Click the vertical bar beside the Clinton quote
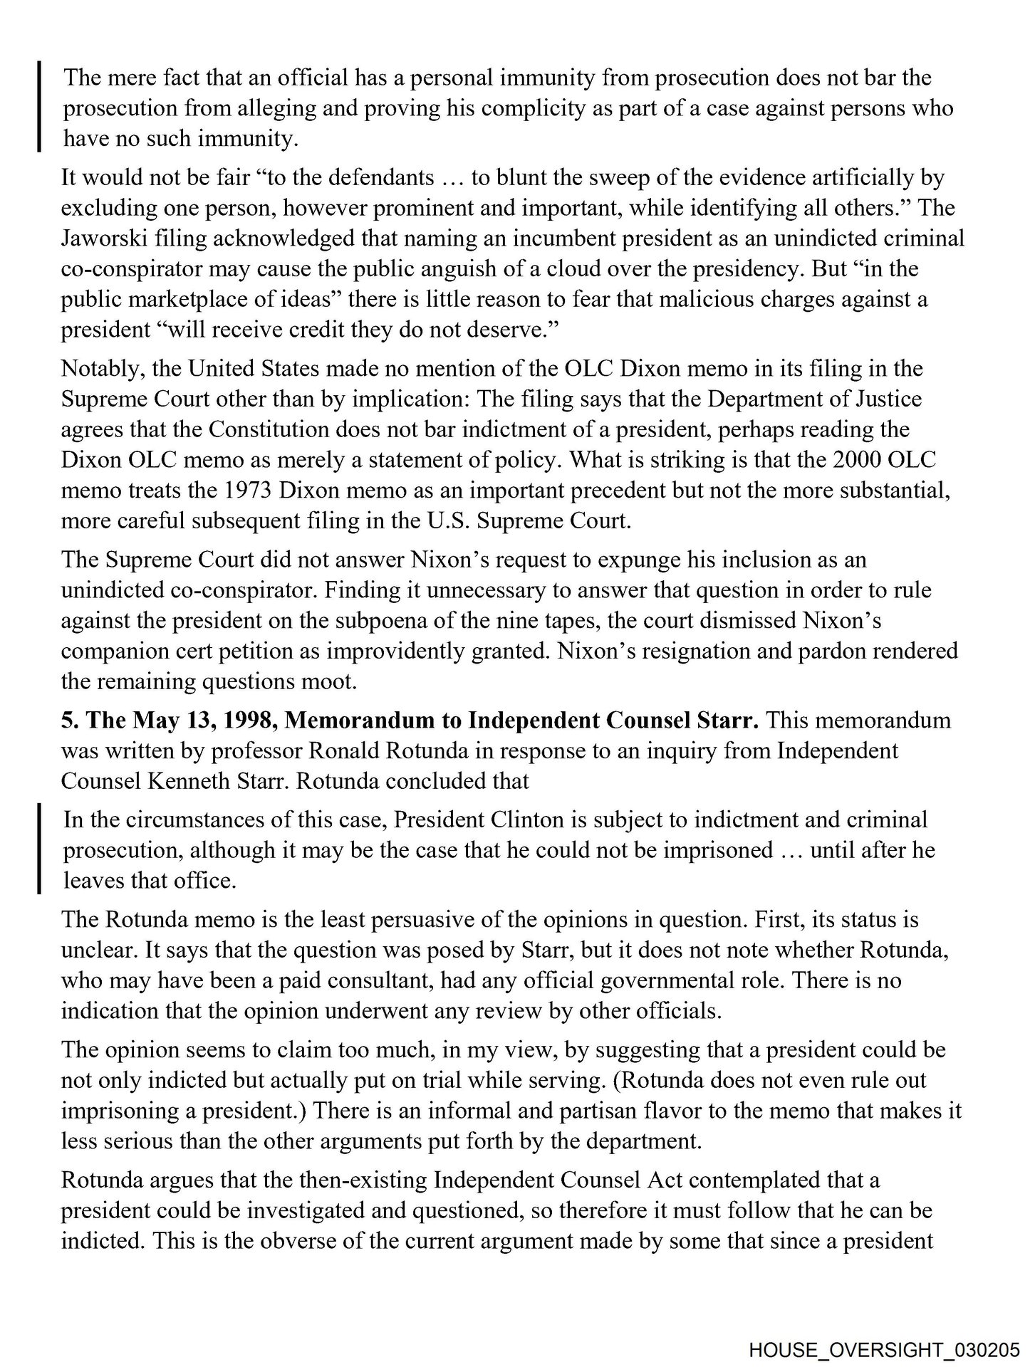click(40, 849)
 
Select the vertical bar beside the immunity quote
click(40, 107)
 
